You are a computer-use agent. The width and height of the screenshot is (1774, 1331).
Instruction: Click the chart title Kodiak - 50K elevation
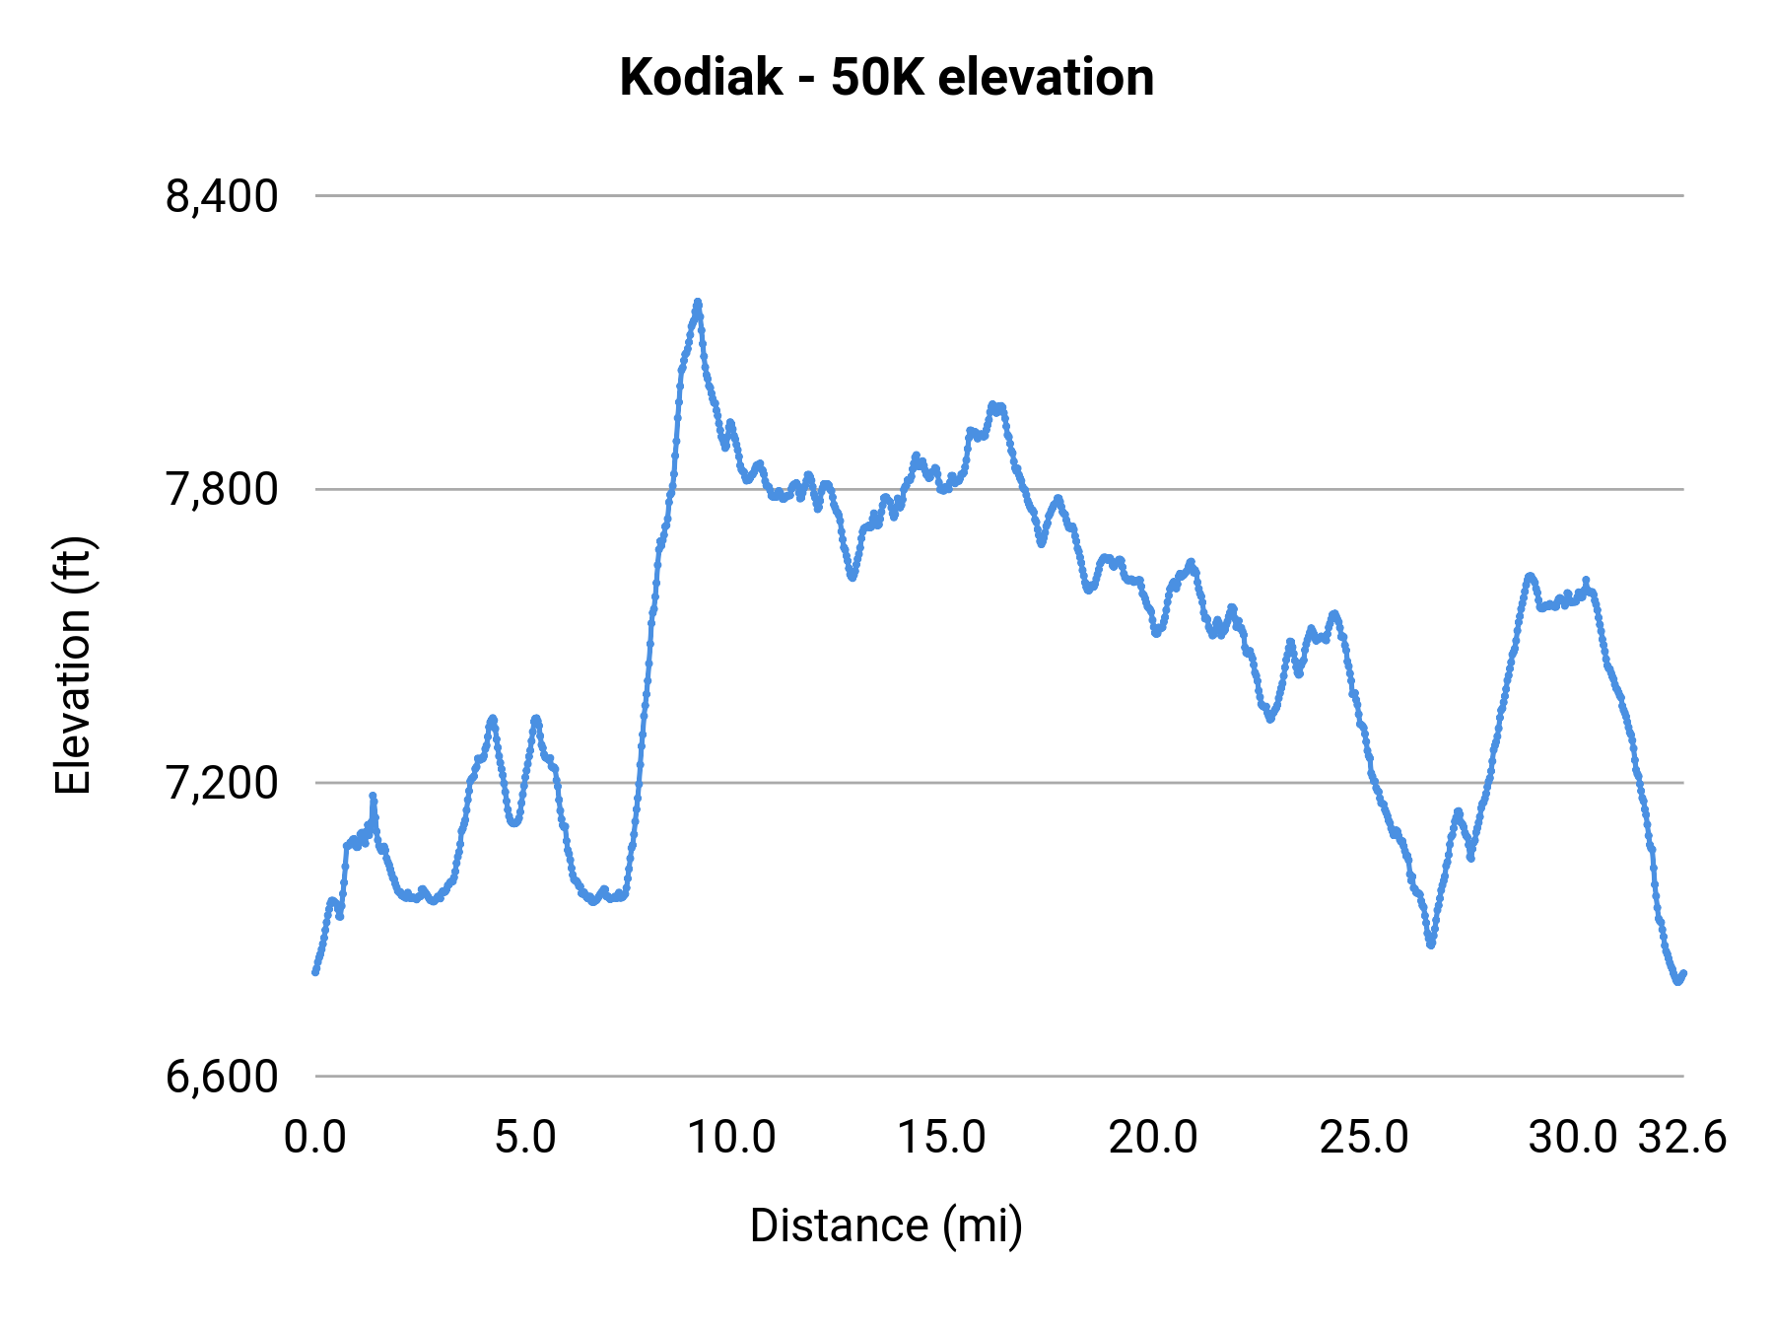click(x=886, y=78)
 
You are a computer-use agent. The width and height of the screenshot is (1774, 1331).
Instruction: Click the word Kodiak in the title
click(x=701, y=78)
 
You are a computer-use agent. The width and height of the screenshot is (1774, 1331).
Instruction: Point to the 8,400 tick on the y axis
click(x=222, y=196)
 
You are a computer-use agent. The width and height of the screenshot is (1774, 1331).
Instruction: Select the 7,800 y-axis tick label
click(x=222, y=489)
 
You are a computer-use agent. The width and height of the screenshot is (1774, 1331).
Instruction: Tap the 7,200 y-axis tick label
click(x=222, y=783)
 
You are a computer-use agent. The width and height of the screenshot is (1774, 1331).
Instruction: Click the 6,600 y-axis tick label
click(x=222, y=1077)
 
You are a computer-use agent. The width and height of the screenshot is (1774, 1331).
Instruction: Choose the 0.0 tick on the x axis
click(x=315, y=1138)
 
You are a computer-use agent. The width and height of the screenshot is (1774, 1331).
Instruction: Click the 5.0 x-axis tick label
click(x=525, y=1138)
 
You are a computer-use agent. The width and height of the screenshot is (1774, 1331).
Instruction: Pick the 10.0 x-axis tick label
click(x=731, y=1138)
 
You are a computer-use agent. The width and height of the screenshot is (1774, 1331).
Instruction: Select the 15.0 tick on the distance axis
click(x=941, y=1138)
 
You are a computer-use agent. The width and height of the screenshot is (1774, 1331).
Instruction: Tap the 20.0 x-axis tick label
click(x=1153, y=1138)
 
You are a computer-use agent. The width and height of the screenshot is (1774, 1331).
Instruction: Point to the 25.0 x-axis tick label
click(x=1364, y=1138)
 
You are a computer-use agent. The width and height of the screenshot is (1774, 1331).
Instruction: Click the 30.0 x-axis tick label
click(x=1573, y=1138)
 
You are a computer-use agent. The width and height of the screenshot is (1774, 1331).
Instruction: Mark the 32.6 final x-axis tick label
click(x=1682, y=1138)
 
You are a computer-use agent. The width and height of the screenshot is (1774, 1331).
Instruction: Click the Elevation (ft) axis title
click(x=73, y=665)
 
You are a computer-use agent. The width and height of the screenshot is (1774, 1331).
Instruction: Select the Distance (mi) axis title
click(x=886, y=1226)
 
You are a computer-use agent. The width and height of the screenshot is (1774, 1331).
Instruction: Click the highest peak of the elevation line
click(x=698, y=303)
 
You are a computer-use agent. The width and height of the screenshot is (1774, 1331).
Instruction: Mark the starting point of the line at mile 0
click(x=315, y=971)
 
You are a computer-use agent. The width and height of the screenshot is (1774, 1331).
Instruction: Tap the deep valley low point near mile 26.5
click(x=1431, y=945)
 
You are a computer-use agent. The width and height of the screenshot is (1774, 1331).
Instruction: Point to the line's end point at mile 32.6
click(x=1683, y=974)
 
